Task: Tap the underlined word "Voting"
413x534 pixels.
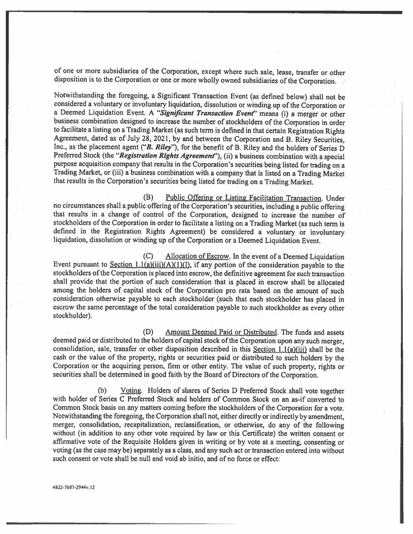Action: point(131,391)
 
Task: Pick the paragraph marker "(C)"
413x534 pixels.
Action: point(149,257)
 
